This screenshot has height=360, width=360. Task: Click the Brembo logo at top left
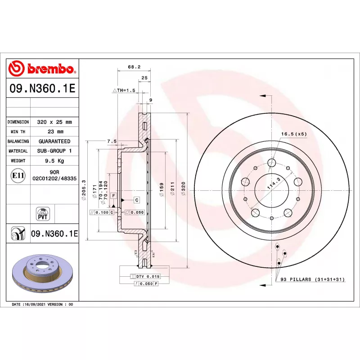pyautogui.click(x=43, y=69)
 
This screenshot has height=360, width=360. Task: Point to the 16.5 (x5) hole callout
pyautogui.click(x=293, y=134)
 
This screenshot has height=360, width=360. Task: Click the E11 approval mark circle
pyautogui.click(x=18, y=175)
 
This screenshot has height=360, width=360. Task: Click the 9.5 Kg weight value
pyautogui.click(x=54, y=161)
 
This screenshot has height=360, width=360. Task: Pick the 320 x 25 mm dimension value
pyautogui.click(x=54, y=122)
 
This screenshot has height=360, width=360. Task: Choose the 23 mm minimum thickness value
pyautogui.click(x=54, y=132)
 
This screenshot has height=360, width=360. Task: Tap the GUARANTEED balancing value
pyautogui.click(x=54, y=141)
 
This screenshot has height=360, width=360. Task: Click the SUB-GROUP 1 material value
pyautogui.click(x=54, y=151)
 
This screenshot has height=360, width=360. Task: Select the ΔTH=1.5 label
pyautogui.click(x=124, y=90)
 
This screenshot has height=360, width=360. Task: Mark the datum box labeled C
pyautogui.click(x=136, y=199)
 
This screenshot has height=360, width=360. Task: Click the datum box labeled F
pyautogui.click(x=114, y=196)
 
